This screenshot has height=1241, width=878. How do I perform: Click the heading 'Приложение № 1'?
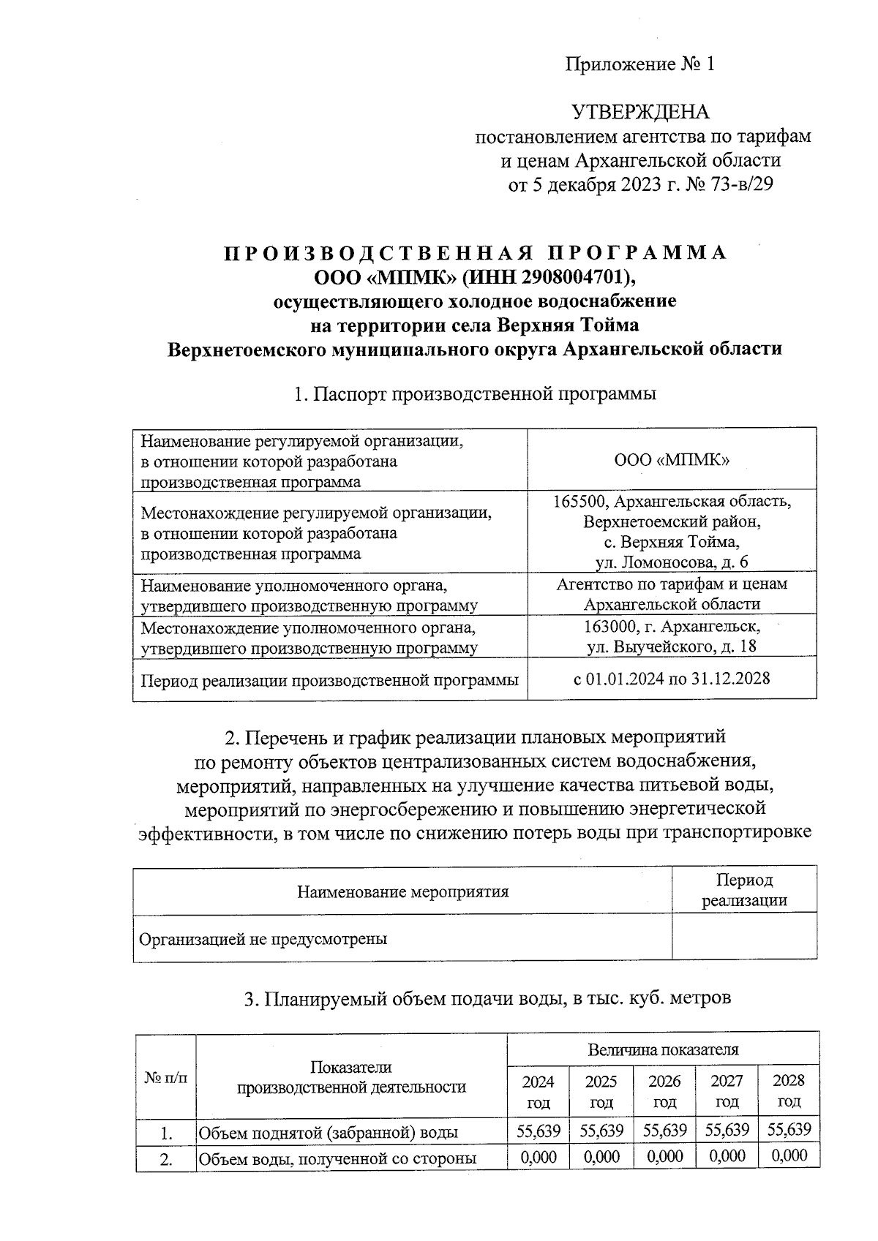(639, 64)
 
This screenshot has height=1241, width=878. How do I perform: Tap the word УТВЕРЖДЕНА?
(640, 112)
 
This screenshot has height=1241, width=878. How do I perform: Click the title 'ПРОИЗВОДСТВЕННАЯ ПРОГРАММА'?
(475, 253)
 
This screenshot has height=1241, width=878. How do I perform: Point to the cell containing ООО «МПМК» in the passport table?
(672, 459)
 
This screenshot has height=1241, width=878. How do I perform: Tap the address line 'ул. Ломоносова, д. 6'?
(672, 562)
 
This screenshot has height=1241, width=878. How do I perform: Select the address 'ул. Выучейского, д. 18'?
(672, 646)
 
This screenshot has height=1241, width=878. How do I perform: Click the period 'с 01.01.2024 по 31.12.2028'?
(672, 679)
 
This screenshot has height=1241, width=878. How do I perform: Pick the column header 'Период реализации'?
(744, 890)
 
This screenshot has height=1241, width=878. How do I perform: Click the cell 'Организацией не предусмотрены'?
(263, 939)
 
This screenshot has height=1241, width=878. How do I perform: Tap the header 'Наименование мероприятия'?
(402, 891)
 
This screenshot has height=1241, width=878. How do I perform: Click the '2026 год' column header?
(664, 1091)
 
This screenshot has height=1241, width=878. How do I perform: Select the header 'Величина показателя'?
(663, 1050)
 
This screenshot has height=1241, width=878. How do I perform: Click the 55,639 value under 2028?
(789, 1130)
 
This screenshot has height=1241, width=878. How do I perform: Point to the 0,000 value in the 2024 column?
(539, 1157)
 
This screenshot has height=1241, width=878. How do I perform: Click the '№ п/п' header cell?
(166, 1077)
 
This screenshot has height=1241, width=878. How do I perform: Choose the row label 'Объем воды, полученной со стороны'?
(337, 1158)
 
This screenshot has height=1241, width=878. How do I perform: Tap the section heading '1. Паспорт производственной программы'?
(475, 394)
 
